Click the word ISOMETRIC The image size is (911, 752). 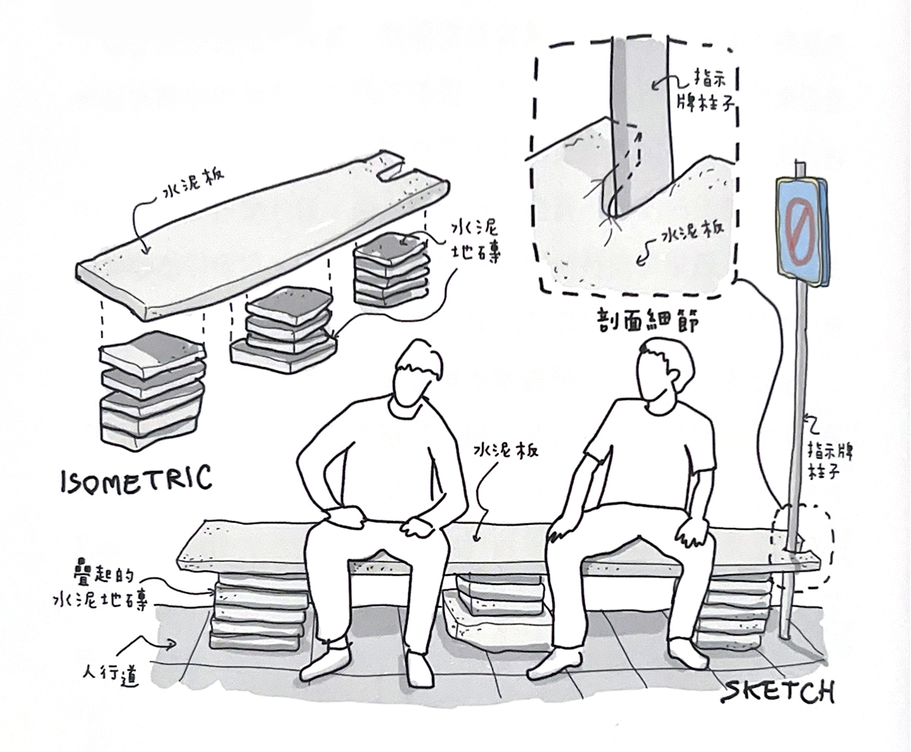135,479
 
